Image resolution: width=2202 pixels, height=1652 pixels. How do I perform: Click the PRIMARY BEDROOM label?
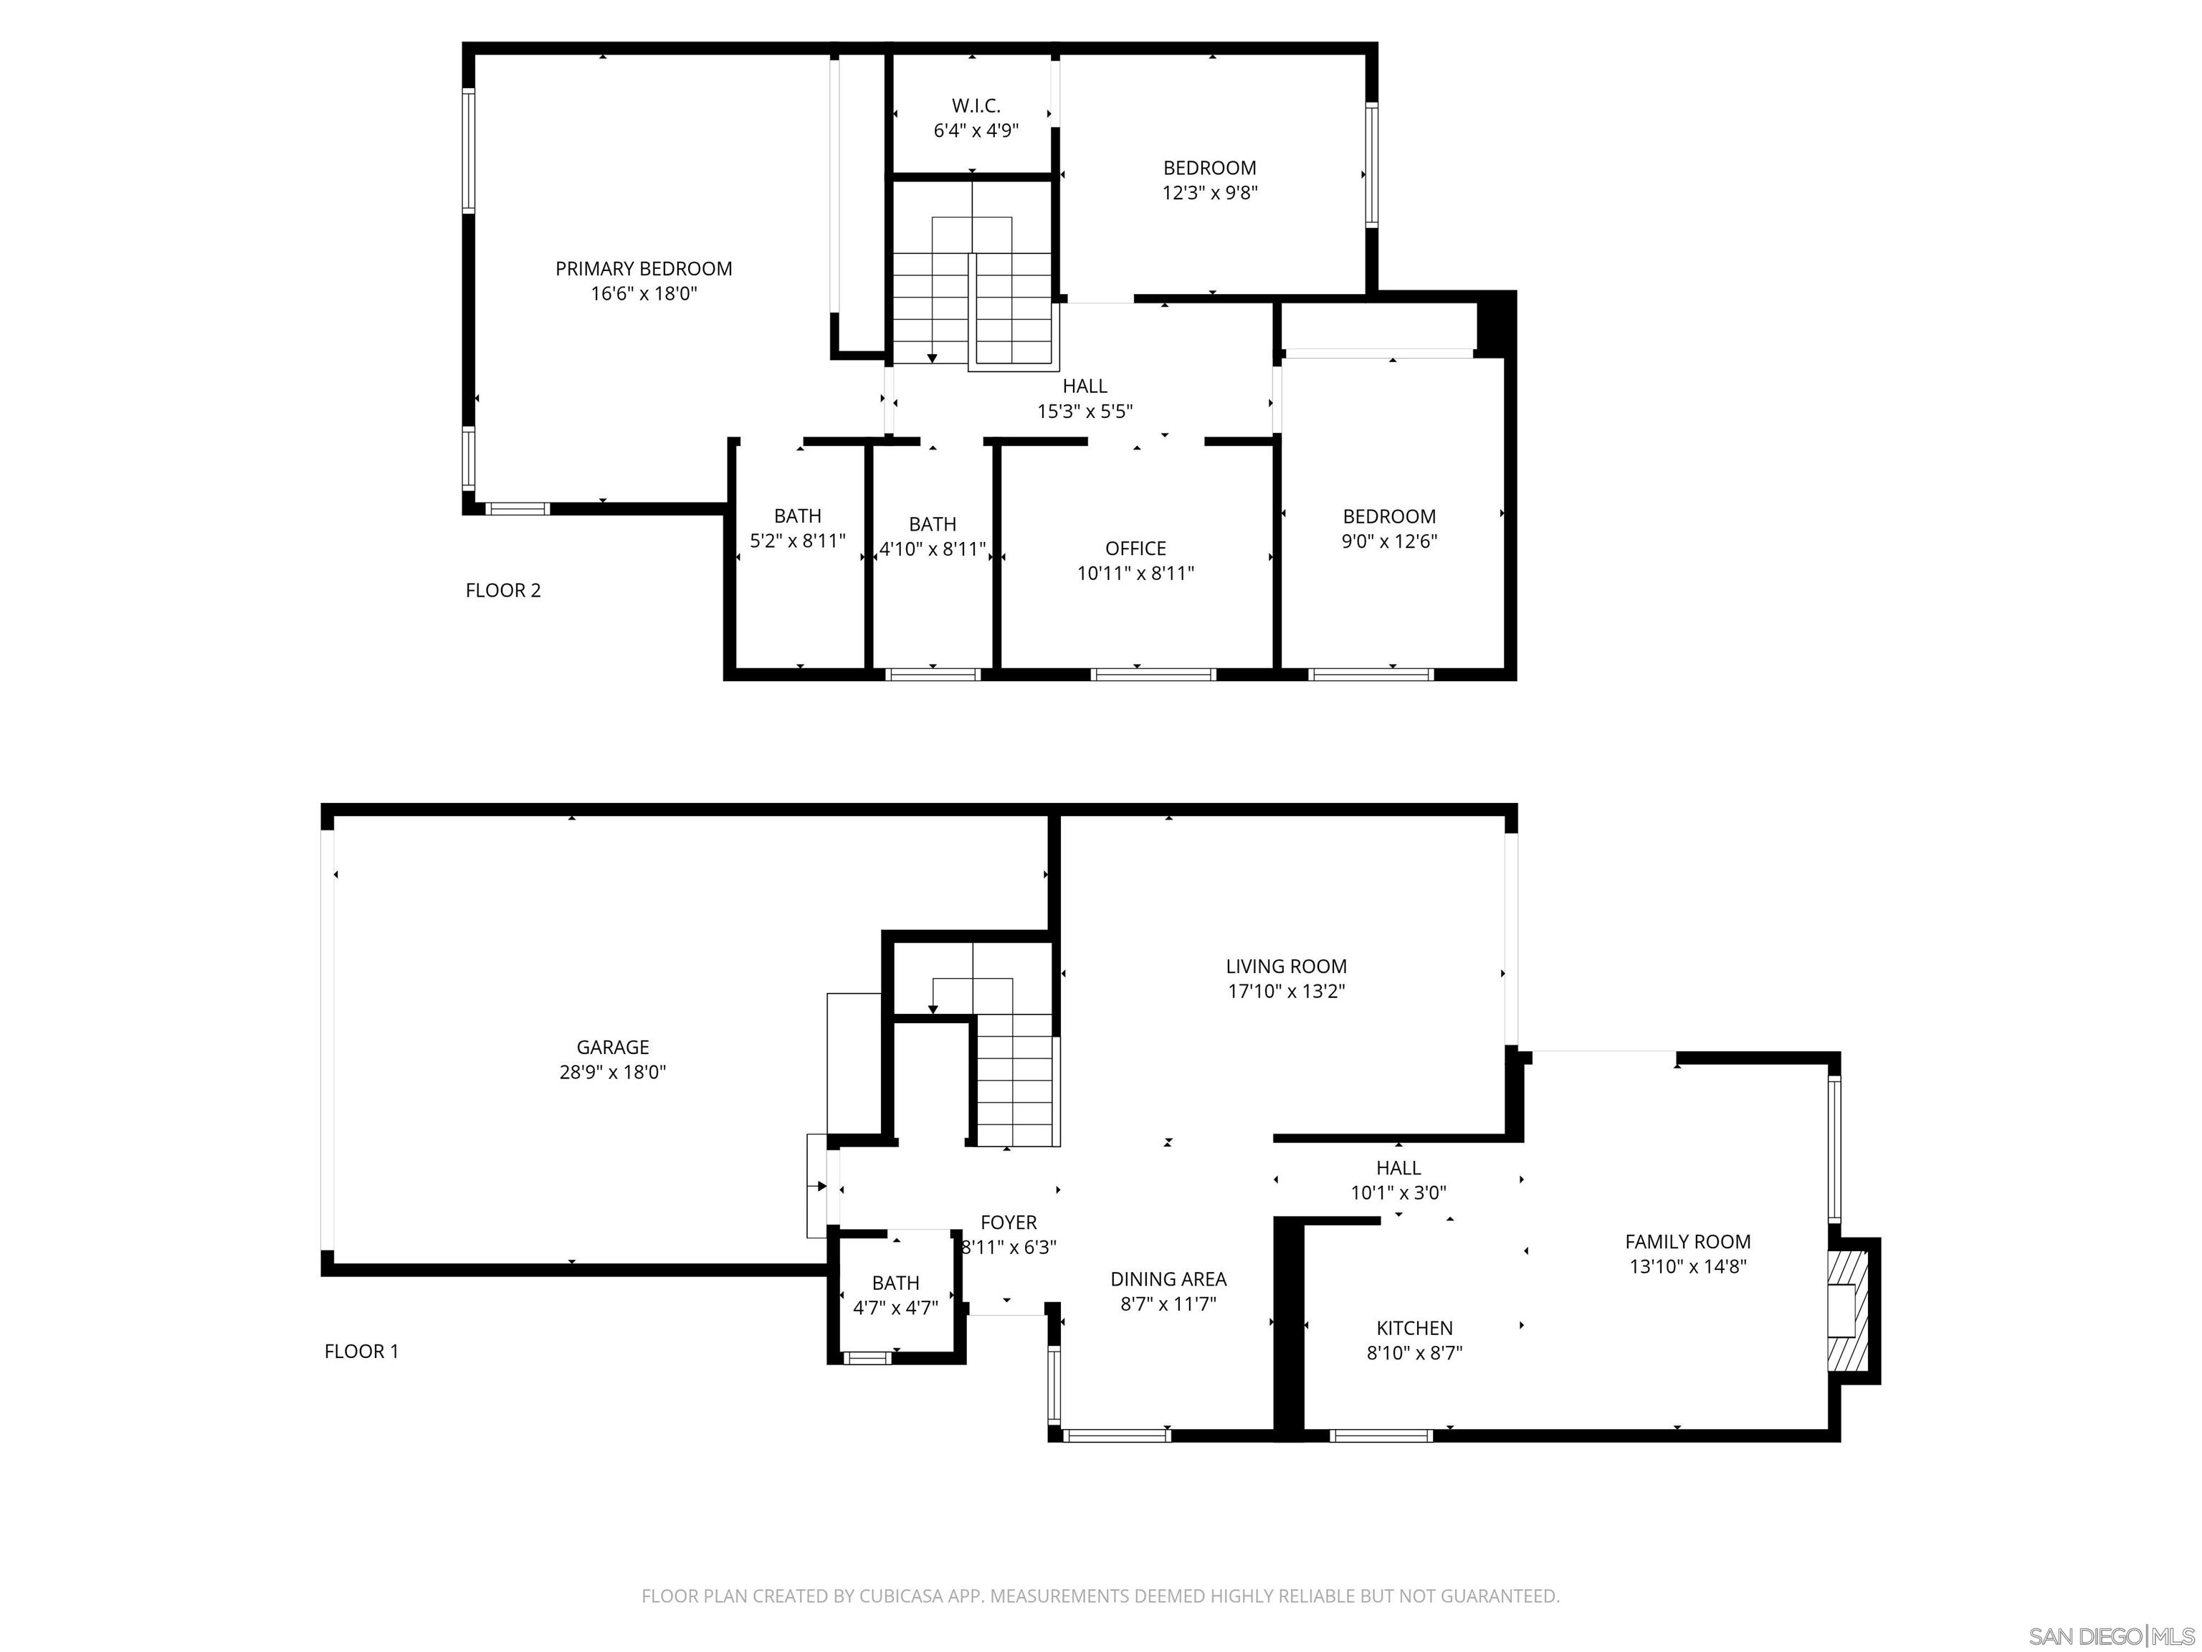pos(643,269)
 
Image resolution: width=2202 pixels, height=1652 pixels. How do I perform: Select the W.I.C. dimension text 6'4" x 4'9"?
pos(976,130)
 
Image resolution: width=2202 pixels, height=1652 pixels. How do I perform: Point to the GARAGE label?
pos(612,1047)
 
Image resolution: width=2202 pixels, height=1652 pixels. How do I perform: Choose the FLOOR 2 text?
pos(502,591)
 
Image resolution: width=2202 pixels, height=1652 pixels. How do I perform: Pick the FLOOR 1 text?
pos(361,1352)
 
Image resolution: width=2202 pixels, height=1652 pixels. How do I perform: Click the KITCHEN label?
pos(1414,1329)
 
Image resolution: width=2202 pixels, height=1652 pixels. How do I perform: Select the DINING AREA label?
pos(1168,1280)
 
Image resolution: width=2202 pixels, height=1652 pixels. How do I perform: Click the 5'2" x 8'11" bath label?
pos(797,528)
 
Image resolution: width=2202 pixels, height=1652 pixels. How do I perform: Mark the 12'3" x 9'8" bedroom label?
pos(1209,180)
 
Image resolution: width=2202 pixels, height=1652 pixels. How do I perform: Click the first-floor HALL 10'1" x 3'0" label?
pos(1398,1180)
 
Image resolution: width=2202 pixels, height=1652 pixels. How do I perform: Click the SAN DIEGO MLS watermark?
pos(2110,1636)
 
